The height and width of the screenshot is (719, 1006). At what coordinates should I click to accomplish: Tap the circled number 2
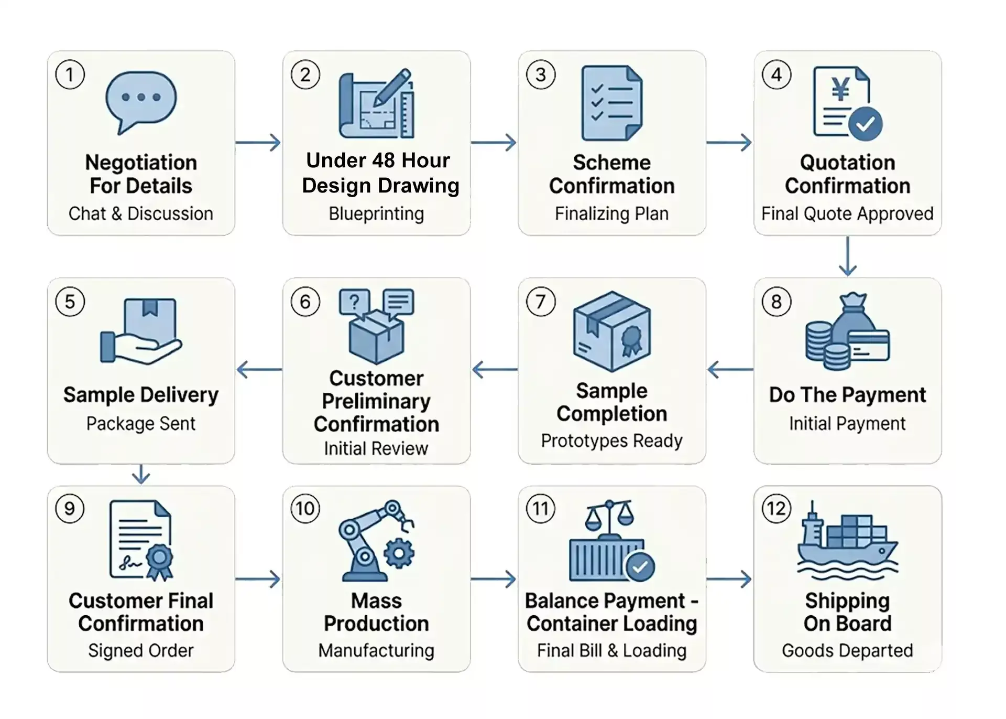(305, 75)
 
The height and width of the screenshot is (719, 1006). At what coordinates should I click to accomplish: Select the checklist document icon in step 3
(611, 103)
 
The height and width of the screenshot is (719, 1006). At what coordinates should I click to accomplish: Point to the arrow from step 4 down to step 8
(847, 256)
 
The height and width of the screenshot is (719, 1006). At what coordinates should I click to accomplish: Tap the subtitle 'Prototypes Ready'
(611, 441)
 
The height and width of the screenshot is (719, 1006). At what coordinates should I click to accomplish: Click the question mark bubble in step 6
(354, 302)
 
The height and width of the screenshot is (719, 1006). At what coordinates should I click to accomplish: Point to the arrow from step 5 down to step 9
(140, 474)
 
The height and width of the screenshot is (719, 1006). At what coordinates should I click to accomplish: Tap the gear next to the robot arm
(399, 553)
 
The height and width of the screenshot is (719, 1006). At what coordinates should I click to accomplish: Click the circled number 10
(305, 508)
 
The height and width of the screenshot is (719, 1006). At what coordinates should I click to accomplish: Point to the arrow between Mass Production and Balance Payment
(494, 579)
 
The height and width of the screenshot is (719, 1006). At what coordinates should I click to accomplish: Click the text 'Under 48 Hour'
(377, 160)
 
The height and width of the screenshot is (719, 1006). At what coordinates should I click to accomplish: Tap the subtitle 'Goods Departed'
(847, 650)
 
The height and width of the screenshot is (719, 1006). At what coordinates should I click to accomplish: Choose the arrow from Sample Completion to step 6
(494, 370)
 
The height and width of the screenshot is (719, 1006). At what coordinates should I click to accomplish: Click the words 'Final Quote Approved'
(847, 213)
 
